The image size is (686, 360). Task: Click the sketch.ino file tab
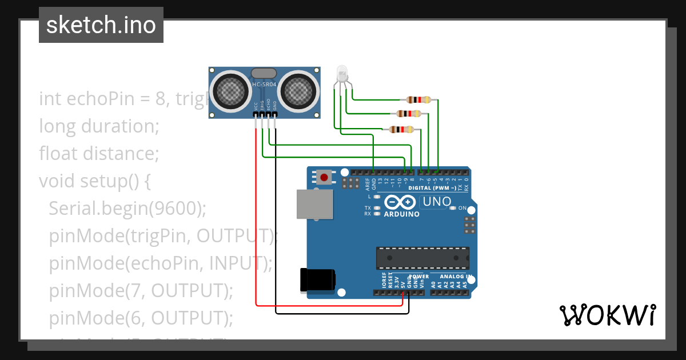pos(101,25)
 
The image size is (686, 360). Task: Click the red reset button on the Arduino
pos(324,178)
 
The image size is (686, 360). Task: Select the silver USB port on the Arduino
pos(314,204)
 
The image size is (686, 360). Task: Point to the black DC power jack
pos(318,280)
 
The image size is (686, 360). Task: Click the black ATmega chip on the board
pos(422,258)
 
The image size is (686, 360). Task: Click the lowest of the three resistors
pos(401,130)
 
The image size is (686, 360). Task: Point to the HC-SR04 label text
pos(264,86)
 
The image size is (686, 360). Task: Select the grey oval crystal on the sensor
pos(264,73)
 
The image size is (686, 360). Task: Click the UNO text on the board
pos(436,202)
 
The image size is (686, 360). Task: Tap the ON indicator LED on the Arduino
pos(452,208)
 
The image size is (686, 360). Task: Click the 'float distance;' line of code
pos(98,154)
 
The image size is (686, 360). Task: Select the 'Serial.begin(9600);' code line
pos(127,208)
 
